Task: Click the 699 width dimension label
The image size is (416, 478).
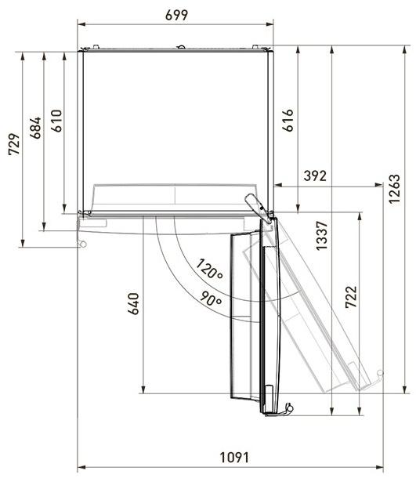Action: pos(176,15)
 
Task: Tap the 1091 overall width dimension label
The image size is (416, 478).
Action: pos(234,458)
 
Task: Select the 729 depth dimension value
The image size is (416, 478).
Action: pos(14,144)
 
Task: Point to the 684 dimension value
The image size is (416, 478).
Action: pos(35,128)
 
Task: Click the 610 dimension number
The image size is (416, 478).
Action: pos(56,121)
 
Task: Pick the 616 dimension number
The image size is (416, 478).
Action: pos(288,120)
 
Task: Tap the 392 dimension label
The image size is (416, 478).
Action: pos(315,176)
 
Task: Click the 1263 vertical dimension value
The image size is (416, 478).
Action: pos(394,189)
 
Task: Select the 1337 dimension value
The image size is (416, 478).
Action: pos(321,236)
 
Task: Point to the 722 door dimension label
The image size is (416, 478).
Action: pos(351,297)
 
